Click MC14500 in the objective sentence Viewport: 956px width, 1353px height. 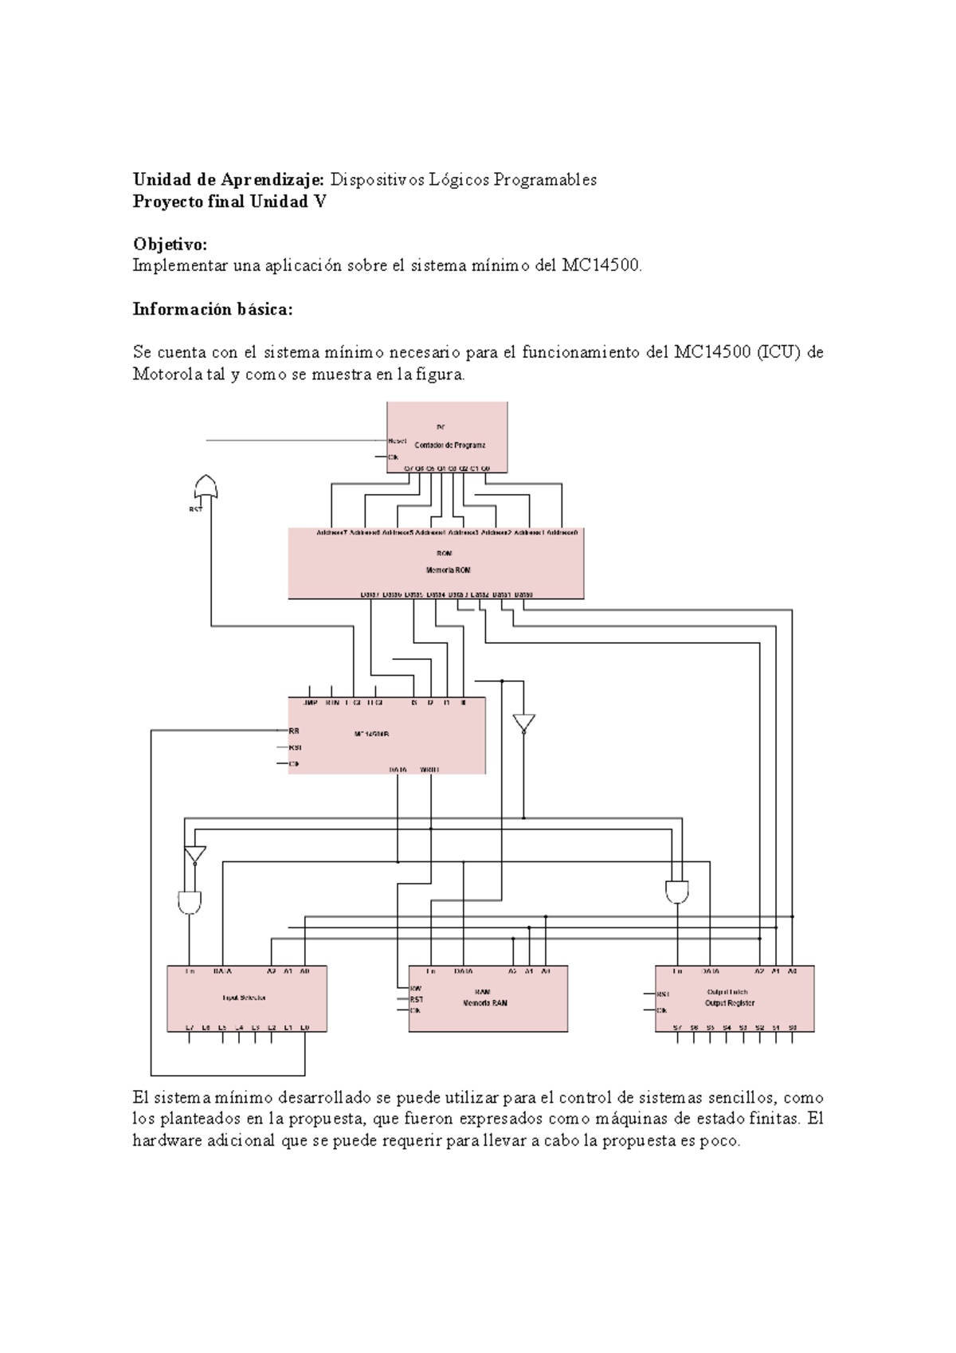click(x=600, y=266)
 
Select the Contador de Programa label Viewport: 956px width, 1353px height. click(x=450, y=445)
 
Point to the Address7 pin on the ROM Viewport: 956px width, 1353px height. click(x=331, y=532)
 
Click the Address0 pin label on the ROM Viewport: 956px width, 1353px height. click(x=562, y=532)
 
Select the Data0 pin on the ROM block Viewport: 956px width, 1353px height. click(x=523, y=594)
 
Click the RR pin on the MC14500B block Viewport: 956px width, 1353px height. click(x=294, y=731)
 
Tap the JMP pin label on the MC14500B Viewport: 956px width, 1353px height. click(x=310, y=703)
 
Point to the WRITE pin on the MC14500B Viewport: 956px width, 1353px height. click(x=429, y=770)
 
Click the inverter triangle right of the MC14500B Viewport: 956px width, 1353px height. click(x=523, y=724)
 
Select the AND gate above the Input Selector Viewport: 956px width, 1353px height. click(x=190, y=902)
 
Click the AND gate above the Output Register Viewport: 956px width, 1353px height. click(x=677, y=892)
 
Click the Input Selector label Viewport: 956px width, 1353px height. click(x=244, y=998)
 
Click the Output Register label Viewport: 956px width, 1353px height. click(x=730, y=1003)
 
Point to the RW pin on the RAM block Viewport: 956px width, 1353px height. click(x=415, y=988)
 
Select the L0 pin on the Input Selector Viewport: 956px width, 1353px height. click(x=304, y=1028)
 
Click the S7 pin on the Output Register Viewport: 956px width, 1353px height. click(x=677, y=1028)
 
